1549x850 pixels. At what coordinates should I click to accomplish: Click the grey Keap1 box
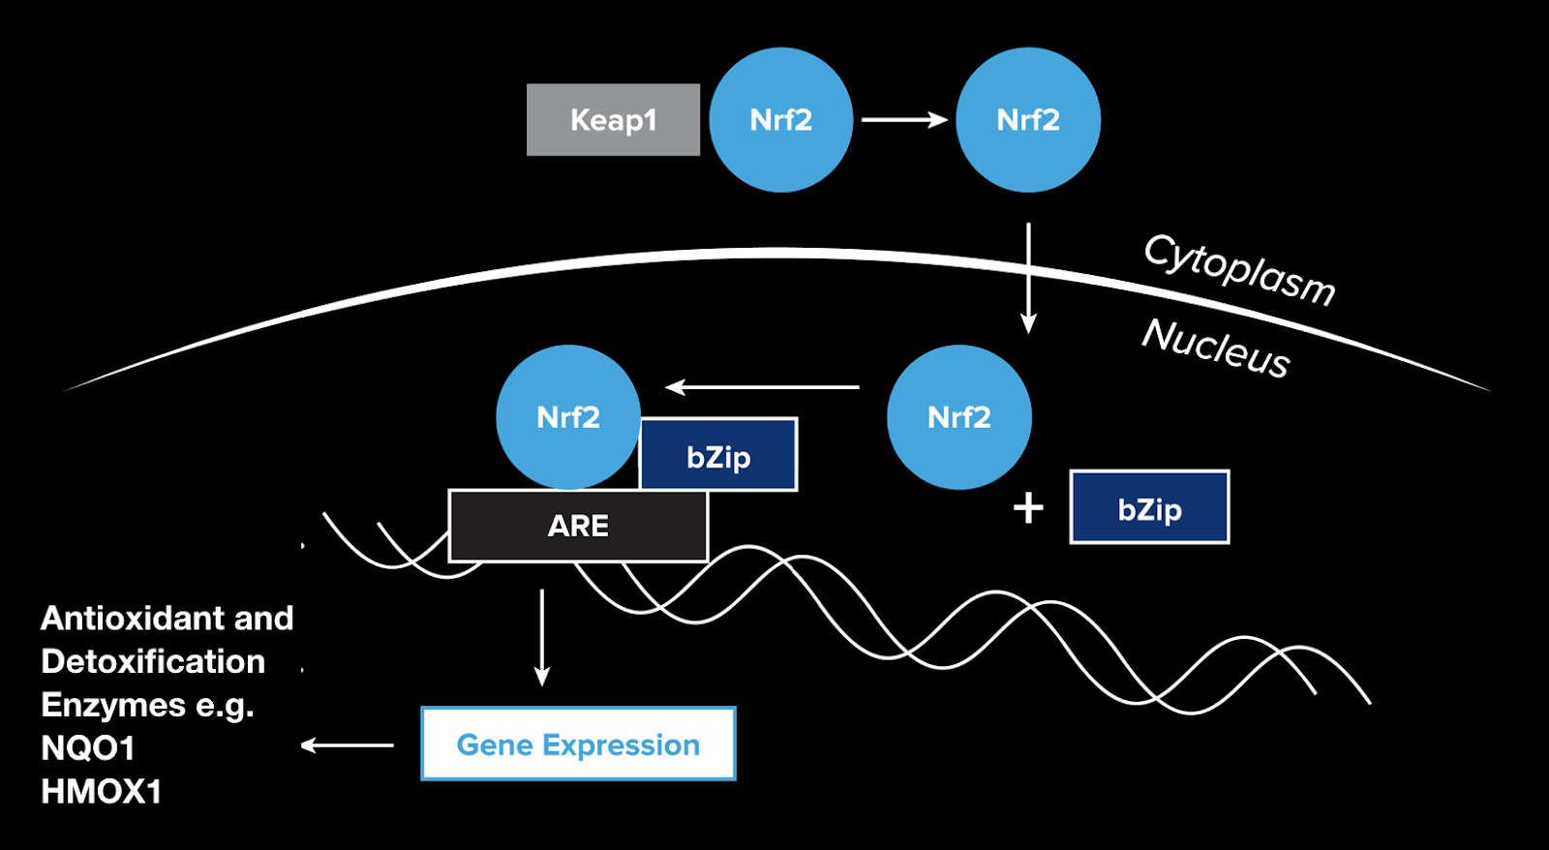coord(613,120)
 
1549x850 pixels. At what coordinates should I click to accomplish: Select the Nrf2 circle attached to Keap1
coord(780,120)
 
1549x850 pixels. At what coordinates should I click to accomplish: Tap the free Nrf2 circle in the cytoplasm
coord(1027,120)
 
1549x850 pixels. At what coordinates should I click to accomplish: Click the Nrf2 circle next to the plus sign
coord(958,417)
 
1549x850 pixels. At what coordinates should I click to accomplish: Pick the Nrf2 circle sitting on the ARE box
coord(568,417)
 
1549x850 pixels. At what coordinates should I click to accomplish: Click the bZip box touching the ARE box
coord(718,455)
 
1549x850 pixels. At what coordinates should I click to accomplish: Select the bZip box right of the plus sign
coord(1149,507)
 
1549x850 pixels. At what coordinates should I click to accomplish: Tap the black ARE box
coord(578,526)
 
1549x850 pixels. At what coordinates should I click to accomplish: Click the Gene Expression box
coord(578,744)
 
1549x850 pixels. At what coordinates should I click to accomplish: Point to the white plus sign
coord(1028,507)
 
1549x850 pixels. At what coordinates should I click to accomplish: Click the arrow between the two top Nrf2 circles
coord(903,120)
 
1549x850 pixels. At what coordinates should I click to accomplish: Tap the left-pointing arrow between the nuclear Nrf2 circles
coord(763,387)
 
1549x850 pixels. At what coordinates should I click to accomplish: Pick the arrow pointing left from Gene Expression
coord(348,744)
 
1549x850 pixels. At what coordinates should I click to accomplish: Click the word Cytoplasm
coord(1239,270)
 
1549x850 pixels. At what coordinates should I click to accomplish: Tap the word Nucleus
coord(1216,348)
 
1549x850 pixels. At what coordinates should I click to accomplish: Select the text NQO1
coord(88,748)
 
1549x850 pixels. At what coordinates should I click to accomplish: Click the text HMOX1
coord(101,792)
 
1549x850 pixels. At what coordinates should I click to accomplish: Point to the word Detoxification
coord(153,661)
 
